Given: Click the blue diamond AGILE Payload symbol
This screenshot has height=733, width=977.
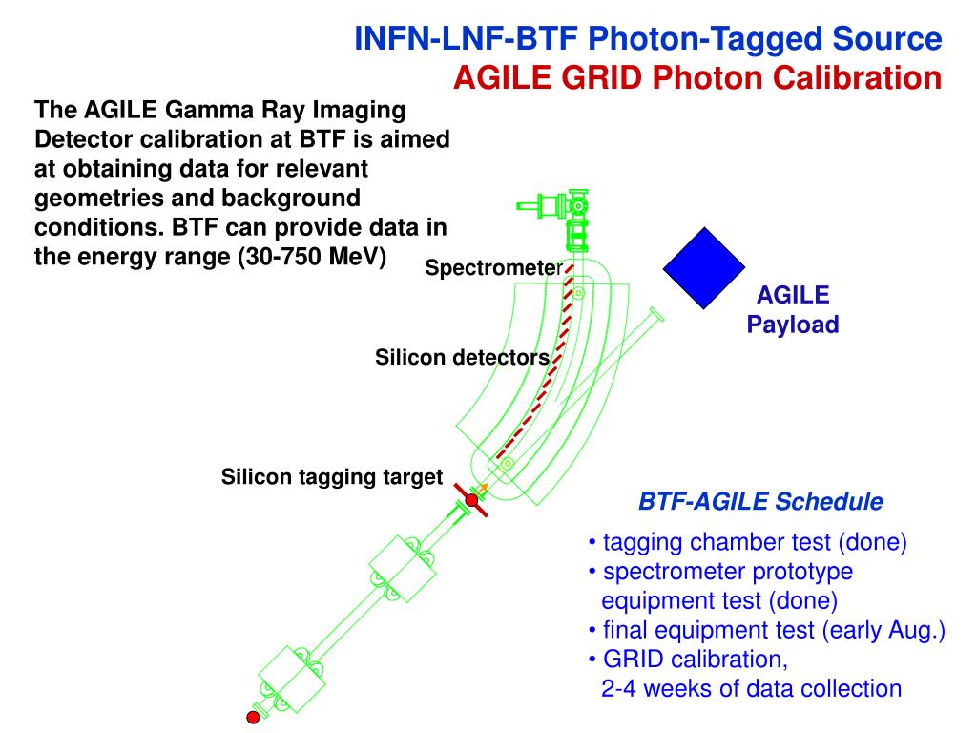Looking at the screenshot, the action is click(704, 268).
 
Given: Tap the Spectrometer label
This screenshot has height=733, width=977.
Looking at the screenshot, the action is click(494, 268).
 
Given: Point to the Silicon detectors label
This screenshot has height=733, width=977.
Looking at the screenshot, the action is click(463, 357).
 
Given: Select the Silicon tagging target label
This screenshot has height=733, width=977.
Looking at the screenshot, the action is click(331, 477).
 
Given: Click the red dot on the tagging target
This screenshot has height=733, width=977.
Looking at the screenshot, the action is click(471, 500).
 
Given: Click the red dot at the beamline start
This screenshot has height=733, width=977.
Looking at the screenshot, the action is click(253, 718).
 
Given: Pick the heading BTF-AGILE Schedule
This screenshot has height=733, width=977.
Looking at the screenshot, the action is click(760, 501).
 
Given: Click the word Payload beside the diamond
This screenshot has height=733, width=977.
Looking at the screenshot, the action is click(793, 325).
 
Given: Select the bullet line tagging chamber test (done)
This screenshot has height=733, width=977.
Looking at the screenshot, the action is click(748, 542).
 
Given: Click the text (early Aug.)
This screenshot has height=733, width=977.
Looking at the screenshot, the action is click(883, 630).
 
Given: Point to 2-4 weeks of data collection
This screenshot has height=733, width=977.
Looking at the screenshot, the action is click(752, 689).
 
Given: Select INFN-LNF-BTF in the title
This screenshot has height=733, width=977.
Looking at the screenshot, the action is click(466, 38).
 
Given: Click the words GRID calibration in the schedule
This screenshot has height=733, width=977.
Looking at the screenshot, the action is click(696, 660).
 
